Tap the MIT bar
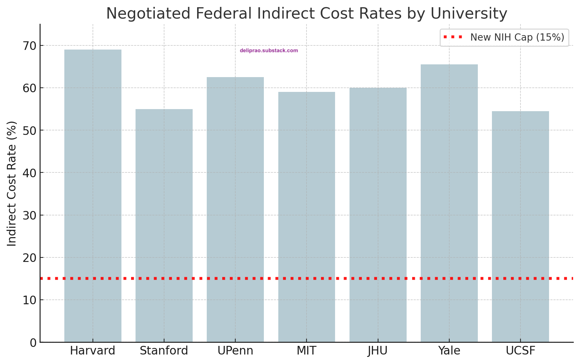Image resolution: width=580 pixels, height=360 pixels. (307, 217)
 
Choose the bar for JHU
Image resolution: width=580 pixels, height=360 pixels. (378, 215)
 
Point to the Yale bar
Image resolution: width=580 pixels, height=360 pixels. (449, 203)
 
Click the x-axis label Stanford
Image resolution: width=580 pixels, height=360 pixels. (164, 351)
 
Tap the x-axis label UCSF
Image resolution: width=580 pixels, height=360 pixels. (520, 351)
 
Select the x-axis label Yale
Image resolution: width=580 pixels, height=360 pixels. (449, 351)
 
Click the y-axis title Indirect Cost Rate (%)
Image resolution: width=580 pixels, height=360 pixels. (12, 183)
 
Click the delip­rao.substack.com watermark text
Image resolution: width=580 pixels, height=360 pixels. (269, 51)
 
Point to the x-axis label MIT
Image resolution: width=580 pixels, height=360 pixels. (307, 351)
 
